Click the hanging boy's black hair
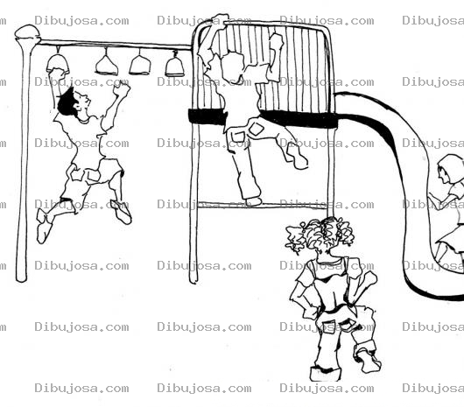pyautogui.click(x=67, y=102)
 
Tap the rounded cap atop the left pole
pyautogui.click(x=27, y=32)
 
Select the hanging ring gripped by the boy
pyautogui.click(x=58, y=65)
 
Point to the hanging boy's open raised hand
pyautogui.click(x=123, y=88)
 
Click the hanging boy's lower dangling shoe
pyautogui.click(x=44, y=227)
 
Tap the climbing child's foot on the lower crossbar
pyautogui.click(x=252, y=201)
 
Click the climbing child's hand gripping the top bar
pyautogui.click(x=218, y=21)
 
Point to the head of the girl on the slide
pyautogui.click(x=449, y=169)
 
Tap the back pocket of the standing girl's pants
pyautogui.click(x=328, y=326)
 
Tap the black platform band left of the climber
pyautogui.click(x=207, y=116)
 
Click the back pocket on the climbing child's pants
pyautogui.click(x=256, y=129)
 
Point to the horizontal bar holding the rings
pyautogui.click(x=115, y=45)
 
